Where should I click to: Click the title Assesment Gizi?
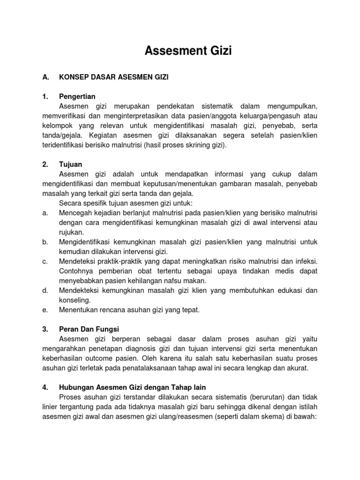click(x=187, y=51)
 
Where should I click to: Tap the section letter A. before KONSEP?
click(x=45, y=76)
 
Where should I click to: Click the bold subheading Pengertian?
click(x=77, y=97)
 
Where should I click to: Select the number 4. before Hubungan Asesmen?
click(x=45, y=387)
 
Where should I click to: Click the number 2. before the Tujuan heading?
click(x=45, y=164)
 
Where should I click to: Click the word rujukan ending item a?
click(x=72, y=232)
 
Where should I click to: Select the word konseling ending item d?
click(x=75, y=300)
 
